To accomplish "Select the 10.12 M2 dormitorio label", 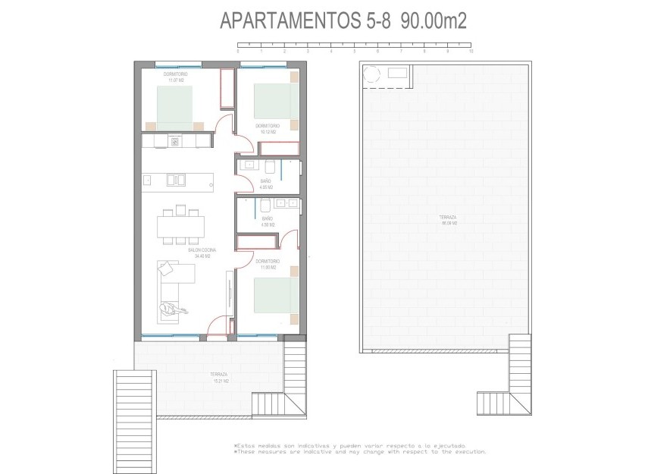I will click(268, 128).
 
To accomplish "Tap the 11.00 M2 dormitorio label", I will click(268, 264).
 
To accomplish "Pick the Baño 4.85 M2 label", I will click(266, 184).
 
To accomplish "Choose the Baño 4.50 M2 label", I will click(267, 222).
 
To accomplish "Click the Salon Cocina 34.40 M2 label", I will click(202, 253).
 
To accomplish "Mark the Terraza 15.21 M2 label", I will click(221, 377).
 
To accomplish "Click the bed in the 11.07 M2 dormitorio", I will click(175, 107).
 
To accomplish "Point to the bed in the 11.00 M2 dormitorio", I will click(271, 297).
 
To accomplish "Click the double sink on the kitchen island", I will click(177, 180).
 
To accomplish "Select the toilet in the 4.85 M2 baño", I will click(270, 166).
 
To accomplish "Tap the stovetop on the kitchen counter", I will click(175, 141).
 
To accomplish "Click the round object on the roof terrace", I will click(372, 74).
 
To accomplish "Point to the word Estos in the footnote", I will click(249, 446).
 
